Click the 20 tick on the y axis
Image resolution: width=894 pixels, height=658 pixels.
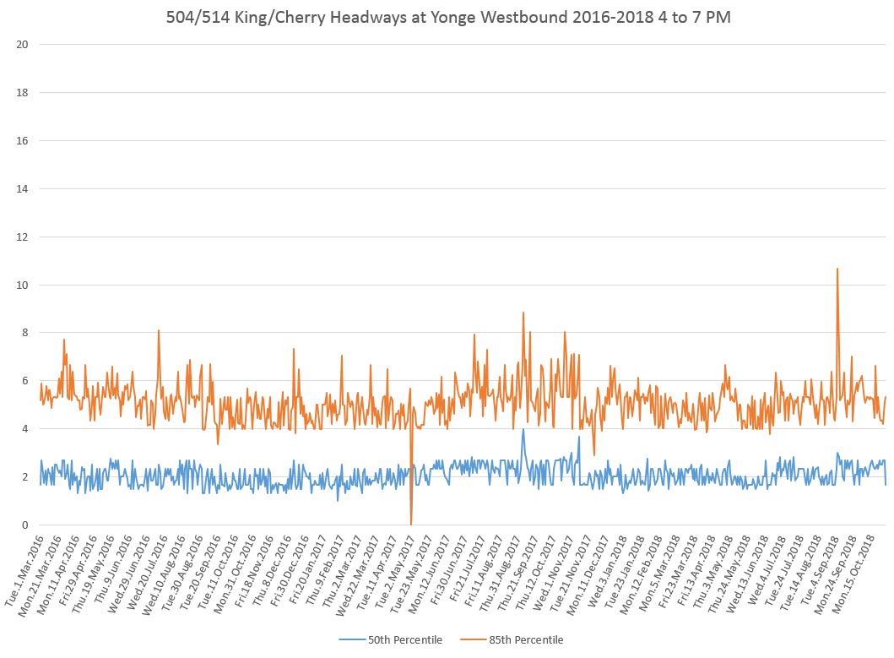pyautogui.click(x=23, y=44)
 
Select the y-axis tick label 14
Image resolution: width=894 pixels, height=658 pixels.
pyautogui.click(x=23, y=188)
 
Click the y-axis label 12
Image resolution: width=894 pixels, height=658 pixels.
pyautogui.click(x=23, y=237)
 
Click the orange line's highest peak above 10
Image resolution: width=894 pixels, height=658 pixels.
pyautogui.click(x=837, y=269)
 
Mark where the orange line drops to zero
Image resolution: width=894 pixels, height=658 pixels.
pyautogui.click(x=411, y=524)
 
